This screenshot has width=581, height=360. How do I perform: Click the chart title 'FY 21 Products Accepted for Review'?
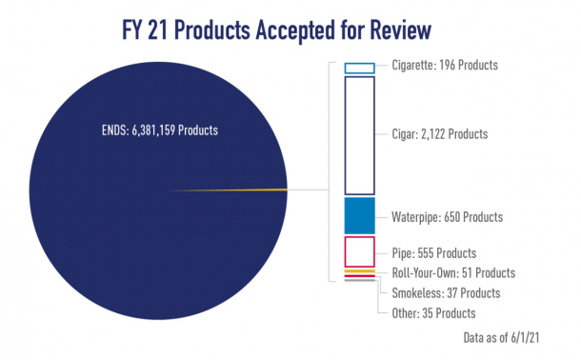pos(290,29)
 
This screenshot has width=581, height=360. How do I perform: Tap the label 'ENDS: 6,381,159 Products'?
pos(155,130)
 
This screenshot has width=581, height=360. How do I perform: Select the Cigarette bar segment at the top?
pos(359,67)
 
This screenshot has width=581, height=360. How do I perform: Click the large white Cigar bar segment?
pos(359,135)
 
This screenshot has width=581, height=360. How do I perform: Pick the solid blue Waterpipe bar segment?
pos(359,215)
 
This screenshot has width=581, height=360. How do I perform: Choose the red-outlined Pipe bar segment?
pos(359,251)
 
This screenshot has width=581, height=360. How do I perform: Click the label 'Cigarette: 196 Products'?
pos(445,66)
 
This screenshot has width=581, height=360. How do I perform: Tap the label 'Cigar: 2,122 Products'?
pos(439,134)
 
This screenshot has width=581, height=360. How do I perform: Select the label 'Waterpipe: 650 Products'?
pos(447,216)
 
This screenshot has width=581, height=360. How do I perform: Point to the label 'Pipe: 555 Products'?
pos(434,254)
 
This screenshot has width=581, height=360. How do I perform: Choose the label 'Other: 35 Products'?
pos(433,312)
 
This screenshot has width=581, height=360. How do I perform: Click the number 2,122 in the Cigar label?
pos(434,134)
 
